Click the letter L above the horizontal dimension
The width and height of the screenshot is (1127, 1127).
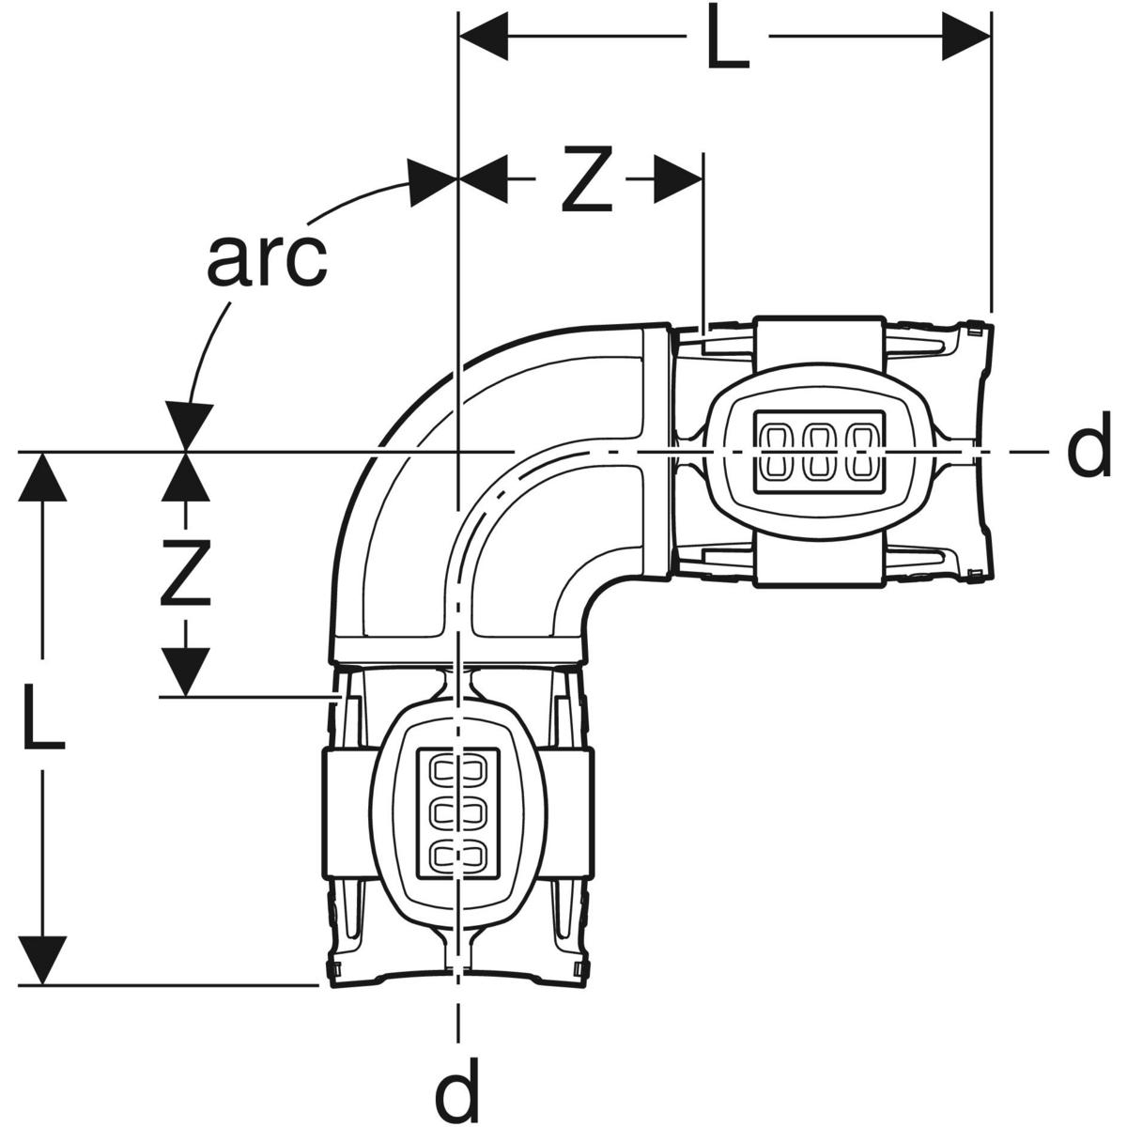(728, 39)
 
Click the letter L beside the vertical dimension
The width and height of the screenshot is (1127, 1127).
(43, 718)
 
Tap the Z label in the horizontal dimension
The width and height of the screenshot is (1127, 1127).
(587, 178)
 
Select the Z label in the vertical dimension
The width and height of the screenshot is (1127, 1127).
(185, 574)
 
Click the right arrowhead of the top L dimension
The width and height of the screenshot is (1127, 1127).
(966, 39)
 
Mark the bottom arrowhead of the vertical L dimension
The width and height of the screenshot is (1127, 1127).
(43, 959)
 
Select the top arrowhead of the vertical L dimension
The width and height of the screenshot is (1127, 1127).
(43, 479)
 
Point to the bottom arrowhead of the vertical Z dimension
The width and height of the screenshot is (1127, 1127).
(185, 671)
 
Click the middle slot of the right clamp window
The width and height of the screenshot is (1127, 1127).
(820, 451)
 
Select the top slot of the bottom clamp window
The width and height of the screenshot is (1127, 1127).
(456, 770)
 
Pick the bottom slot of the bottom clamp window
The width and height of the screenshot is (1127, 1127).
(456, 855)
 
